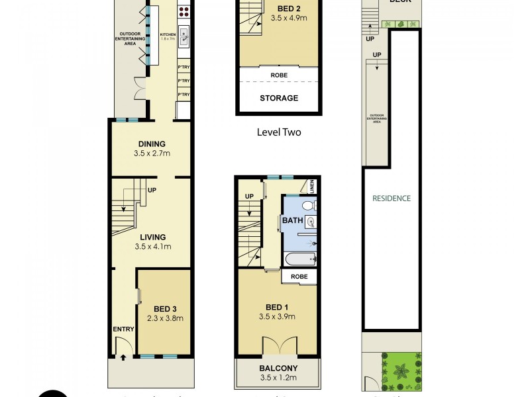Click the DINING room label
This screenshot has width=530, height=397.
(152, 144)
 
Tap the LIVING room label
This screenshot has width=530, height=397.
(152, 237)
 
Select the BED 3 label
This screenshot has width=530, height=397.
(164, 308)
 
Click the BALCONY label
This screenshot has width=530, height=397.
(278, 369)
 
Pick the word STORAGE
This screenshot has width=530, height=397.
(278, 98)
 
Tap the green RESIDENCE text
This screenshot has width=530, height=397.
(391, 198)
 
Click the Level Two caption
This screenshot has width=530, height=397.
(278, 132)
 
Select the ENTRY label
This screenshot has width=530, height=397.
(124, 330)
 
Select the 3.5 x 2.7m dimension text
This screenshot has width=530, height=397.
(152, 154)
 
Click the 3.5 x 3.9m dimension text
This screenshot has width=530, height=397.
(278, 317)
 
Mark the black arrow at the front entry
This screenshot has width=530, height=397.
(123, 358)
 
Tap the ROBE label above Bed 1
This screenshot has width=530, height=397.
(299, 276)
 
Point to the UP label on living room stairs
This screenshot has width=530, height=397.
(152, 191)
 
